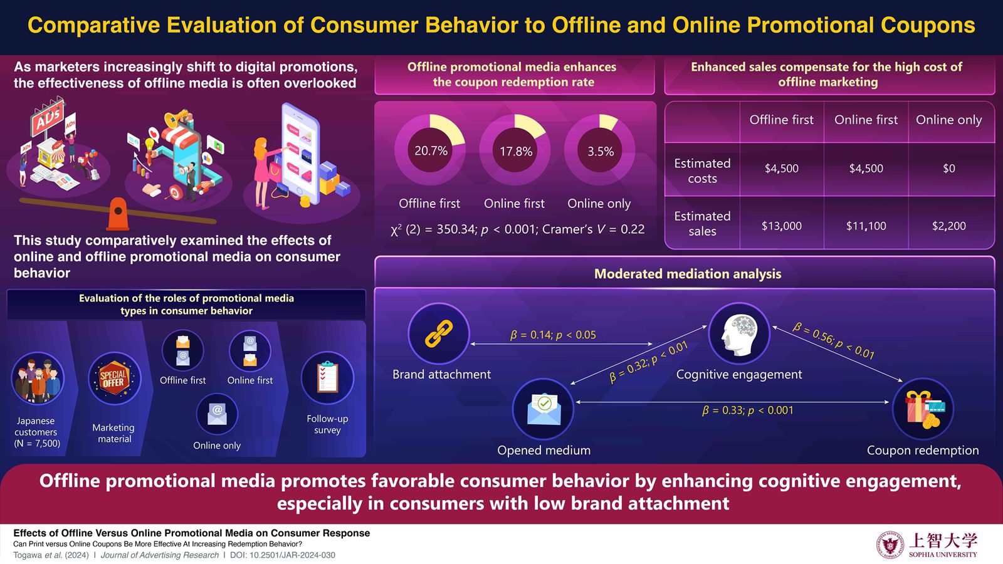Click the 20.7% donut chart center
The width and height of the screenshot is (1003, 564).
click(431, 150)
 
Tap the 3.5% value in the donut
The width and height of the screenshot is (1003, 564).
click(601, 152)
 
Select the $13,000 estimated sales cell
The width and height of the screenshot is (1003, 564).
click(781, 226)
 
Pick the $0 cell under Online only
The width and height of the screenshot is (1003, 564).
click(948, 169)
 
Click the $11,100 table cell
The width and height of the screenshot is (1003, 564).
click(866, 226)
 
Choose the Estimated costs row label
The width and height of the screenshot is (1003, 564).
click(702, 170)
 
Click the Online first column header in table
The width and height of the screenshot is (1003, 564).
click(866, 120)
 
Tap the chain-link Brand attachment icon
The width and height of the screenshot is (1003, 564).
click(439, 333)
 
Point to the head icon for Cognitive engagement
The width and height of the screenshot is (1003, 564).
click(738, 333)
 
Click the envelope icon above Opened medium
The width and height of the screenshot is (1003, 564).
click(544, 409)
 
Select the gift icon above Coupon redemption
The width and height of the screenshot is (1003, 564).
click(923, 409)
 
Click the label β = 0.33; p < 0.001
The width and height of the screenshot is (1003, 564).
click(747, 410)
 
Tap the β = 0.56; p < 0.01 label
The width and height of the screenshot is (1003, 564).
click(833, 341)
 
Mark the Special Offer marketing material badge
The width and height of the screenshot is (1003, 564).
click(114, 379)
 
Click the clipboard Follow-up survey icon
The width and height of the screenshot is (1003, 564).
click(327, 378)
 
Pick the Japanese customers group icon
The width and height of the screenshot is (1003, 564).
click(38, 379)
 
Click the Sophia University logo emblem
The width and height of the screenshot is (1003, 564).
click(890, 544)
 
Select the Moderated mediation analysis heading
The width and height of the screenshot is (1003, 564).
click(687, 274)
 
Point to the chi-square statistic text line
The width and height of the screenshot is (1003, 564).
click(517, 229)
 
